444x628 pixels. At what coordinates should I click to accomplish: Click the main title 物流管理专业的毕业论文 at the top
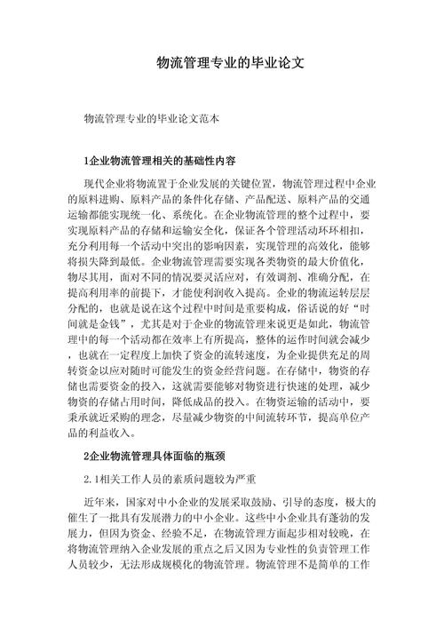230,63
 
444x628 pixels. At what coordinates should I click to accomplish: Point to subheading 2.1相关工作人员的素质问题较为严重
164,481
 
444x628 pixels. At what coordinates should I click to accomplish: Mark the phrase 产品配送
267,199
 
